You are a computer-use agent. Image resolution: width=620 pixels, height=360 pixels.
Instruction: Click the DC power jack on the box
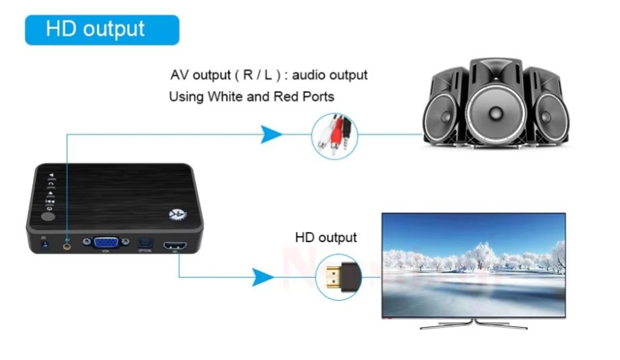pyautogui.click(x=44, y=246)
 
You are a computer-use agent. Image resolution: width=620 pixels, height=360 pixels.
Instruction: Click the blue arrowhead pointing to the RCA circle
pyautogui.click(x=271, y=135)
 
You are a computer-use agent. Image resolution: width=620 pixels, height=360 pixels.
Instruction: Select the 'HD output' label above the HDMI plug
pyautogui.click(x=326, y=237)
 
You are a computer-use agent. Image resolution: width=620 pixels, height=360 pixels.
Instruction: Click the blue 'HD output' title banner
pyautogui.click(x=102, y=30)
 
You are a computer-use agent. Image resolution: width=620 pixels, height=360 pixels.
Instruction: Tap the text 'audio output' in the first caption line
pyautogui.click(x=331, y=75)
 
